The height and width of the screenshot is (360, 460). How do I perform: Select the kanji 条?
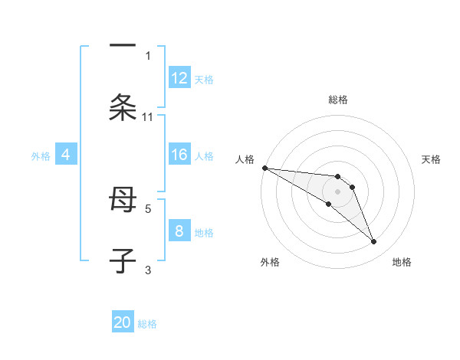pos(123,107)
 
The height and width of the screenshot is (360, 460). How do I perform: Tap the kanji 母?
pos(123,201)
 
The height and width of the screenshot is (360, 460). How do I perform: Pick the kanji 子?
pos(123,260)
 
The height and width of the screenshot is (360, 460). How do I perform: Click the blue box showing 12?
pos(179,78)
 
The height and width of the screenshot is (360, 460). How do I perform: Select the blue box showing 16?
pos(179,155)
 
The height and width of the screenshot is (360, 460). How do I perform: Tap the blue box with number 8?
pos(179,231)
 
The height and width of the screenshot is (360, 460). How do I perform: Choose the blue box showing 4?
pos(66,155)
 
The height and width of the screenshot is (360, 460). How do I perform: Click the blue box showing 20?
pos(123,322)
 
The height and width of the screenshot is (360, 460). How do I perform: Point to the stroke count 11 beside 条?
pos(148,117)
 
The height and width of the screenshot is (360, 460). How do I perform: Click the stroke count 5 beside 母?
pos(148,208)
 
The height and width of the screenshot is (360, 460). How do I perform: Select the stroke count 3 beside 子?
pos(148,270)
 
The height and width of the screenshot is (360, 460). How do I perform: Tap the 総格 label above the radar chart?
pos(337,100)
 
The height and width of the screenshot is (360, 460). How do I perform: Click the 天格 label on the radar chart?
pos(432,159)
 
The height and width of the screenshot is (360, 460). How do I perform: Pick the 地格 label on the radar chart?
pos(402,263)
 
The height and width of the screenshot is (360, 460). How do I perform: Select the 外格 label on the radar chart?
pos(270,263)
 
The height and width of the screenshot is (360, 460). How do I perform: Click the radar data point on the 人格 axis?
pos(264,168)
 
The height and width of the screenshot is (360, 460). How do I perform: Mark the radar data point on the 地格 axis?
pos(374,242)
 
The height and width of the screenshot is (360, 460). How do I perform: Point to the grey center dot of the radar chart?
pos(337,191)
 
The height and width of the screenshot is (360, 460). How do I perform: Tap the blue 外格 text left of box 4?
pos(41,156)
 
